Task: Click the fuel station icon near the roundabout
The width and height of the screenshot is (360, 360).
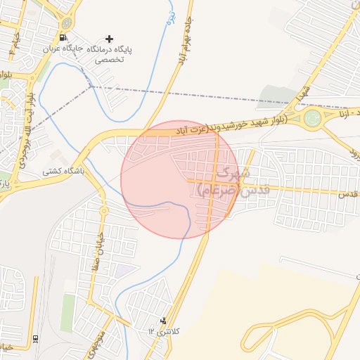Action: (65, 38)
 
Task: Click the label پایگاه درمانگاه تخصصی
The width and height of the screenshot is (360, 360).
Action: (112, 55)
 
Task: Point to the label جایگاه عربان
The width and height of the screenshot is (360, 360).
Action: (70, 51)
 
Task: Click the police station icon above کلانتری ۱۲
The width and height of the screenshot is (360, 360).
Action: (164, 321)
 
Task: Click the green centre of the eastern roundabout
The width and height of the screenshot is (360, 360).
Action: (312, 120)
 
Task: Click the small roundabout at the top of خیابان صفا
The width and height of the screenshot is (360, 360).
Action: (103, 210)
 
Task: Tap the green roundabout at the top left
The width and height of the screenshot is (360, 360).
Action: (67, 20)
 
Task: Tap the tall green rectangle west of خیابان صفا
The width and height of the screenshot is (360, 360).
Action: (67, 313)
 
